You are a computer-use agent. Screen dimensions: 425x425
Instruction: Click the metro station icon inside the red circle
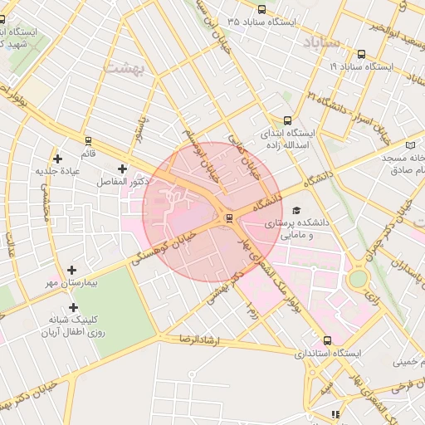(228, 218)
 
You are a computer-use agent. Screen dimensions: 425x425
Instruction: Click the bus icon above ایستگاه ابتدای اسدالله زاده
(287, 120)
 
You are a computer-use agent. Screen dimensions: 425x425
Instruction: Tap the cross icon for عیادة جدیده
(57, 158)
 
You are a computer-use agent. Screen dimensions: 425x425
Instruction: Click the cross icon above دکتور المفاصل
(123, 169)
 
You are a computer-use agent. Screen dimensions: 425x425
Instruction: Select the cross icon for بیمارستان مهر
(72, 270)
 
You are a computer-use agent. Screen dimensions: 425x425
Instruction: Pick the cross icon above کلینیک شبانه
(73, 307)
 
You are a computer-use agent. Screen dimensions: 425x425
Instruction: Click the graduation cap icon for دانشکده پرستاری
(297, 210)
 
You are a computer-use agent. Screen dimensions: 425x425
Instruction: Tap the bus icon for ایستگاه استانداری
(327, 340)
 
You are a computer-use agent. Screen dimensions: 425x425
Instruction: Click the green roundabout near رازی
(358, 279)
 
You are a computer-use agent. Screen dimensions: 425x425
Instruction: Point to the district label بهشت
(125, 68)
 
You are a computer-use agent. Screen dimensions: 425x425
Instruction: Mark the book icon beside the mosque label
(411, 145)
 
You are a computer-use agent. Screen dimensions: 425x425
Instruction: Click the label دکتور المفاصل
(123, 181)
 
